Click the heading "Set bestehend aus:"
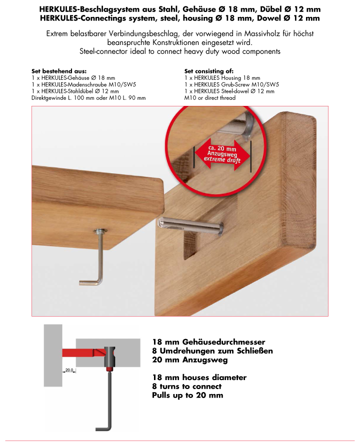click(x=59, y=71)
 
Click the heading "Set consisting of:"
click(x=209, y=71)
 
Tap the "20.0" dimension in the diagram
click(x=68, y=371)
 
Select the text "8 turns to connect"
click(x=186, y=387)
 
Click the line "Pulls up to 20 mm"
click(x=187, y=396)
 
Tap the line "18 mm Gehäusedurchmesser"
click(x=208, y=342)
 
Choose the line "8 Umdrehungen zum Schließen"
click(x=212, y=351)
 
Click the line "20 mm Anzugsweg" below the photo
click(x=190, y=360)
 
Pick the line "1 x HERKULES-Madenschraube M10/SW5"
click(x=83, y=85)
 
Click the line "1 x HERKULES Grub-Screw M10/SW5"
click(x=231, y=85)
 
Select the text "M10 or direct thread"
click(x=209, y=98)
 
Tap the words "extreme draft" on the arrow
click(x=222, y=160)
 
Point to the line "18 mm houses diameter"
click(x=199, y=378)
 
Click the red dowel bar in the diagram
click(x=80, y=353)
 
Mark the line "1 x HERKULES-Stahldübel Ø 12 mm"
click(x=75, y=91)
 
